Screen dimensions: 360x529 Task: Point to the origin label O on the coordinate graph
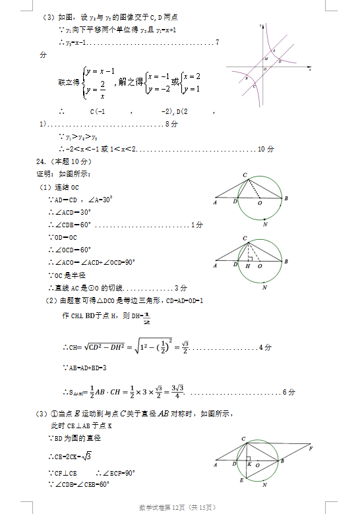[265, 69]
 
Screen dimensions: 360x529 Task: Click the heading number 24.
[40, 162]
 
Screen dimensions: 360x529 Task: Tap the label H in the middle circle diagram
[247, 267]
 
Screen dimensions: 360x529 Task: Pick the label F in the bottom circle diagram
[311, 449]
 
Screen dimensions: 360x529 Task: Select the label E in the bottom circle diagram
[241, 482]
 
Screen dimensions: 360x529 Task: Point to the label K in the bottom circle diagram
[249, 465]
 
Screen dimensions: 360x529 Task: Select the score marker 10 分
[266, 150]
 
